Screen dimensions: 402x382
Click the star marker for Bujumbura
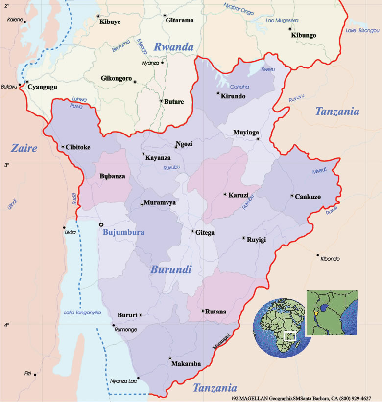click(x=101, y=224)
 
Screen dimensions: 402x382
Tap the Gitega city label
click(x=205, y=233)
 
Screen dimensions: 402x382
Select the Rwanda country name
click(x=174, y=47)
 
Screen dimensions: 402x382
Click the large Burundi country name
click(x=171, y=269)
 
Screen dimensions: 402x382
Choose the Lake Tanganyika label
click(x=82, y=312)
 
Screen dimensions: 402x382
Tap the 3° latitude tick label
click(x=7, y=165)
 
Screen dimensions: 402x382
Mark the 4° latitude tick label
click(x=7, y=325)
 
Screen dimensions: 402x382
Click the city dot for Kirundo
click(x=218, y=93)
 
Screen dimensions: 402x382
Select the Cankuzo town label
click(x=308, y=197)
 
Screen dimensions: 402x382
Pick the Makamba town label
click(x=186, y=364)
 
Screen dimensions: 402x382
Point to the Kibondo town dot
click(x=318, y=255)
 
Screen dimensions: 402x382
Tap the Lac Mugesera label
click(x=282, y=20)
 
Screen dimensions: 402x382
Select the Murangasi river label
click(x=221, y=341)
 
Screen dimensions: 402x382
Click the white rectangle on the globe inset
click(x=290, y=336)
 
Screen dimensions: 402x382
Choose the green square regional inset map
click(x=332, y=313)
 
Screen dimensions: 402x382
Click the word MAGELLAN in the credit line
click(x=256, y=398)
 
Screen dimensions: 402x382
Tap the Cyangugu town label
click(x=43, y=87)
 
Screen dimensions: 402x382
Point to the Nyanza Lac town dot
click(x=138, y=378)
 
